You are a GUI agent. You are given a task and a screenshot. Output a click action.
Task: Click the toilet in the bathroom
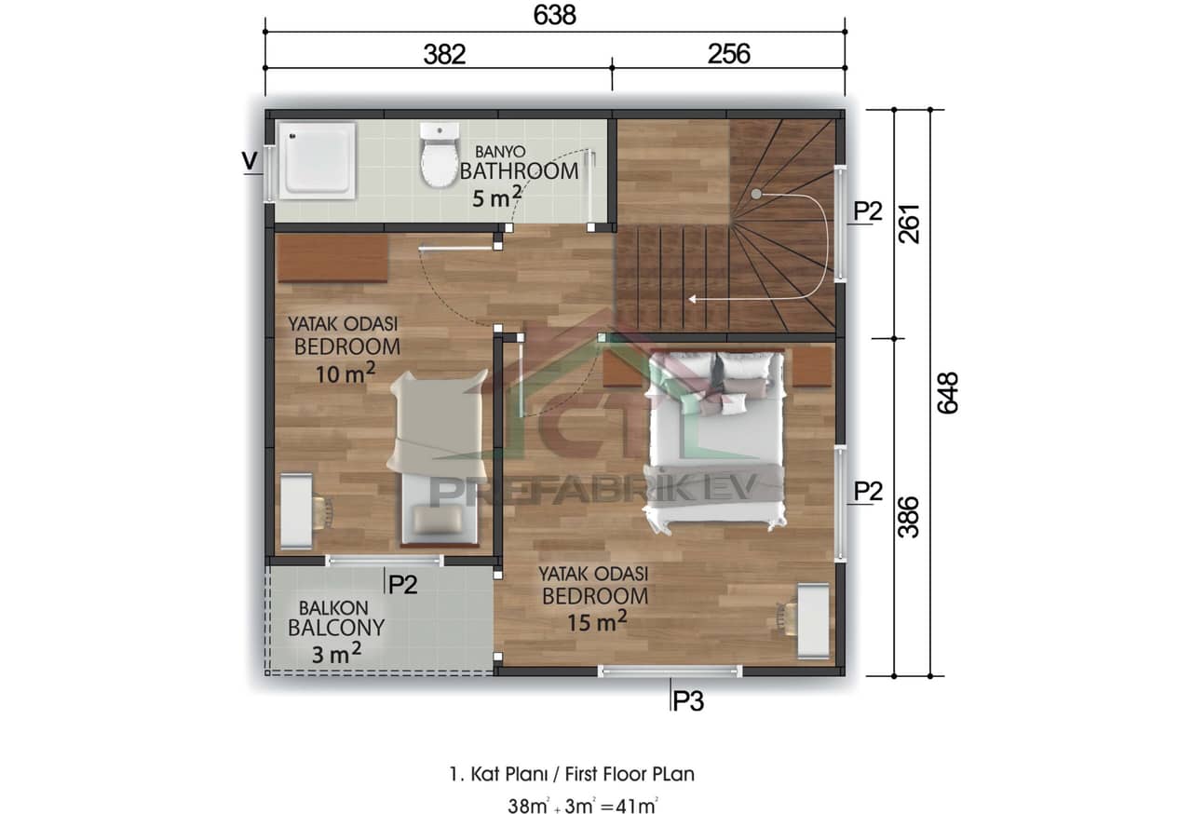point(438,156)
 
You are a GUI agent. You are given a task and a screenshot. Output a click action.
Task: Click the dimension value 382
point(444,54)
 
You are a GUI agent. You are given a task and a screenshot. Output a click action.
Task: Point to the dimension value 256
point(728,54)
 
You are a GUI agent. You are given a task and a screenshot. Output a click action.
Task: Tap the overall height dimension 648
point(948,394)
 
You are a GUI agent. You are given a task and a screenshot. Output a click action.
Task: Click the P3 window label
point(687,701)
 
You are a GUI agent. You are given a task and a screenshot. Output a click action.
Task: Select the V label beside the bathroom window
point(250,160)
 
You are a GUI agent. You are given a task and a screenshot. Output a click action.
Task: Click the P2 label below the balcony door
point(402,584)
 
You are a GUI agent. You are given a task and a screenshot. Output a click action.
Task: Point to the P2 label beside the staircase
point(867,211)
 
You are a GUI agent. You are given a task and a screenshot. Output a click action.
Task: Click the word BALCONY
point(336,628)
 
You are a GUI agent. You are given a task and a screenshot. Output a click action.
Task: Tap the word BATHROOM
point(519,171)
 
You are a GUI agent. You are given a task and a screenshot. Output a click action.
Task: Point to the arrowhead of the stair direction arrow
point(692,299)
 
